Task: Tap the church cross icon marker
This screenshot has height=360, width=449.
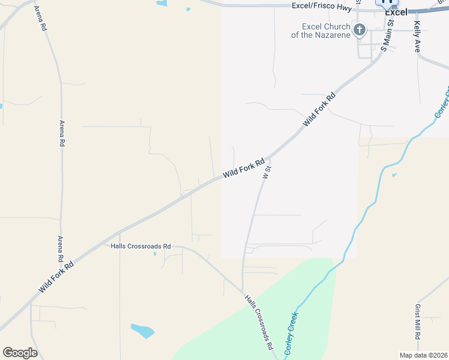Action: pyautogui.click(x=360, y=30)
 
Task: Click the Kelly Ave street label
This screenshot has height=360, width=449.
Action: pyautogui.click(x=417, y=37)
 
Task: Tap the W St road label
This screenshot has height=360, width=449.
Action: pyautogui.click(x=267, y=170)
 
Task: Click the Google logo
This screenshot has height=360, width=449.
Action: pyautogui.click(x=20, y=353)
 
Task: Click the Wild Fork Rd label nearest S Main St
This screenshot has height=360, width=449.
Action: pyautogui.click(x=319, y=109)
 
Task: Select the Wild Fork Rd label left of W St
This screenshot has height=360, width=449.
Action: pyautogui.click(x=244, y=168)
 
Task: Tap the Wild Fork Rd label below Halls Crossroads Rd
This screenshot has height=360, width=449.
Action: pyautogui.click(x=56, y=277)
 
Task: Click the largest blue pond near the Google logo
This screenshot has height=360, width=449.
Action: pyautogui.click(x=142, y=330)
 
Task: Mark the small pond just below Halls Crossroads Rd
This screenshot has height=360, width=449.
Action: pyautogui.click(x=154, y=254)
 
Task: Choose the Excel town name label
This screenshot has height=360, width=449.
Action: pyautogui.click(x=396, y=12)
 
